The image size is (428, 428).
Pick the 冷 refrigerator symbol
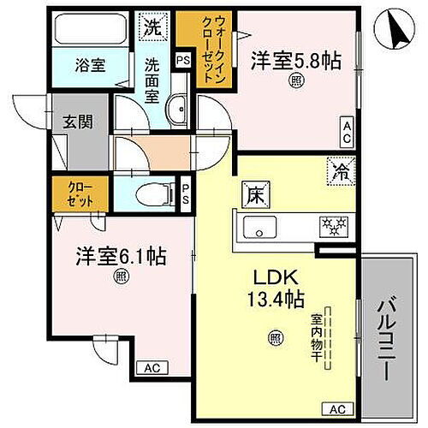tap(337, 169)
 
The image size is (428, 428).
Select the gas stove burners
tap(331, 227)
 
